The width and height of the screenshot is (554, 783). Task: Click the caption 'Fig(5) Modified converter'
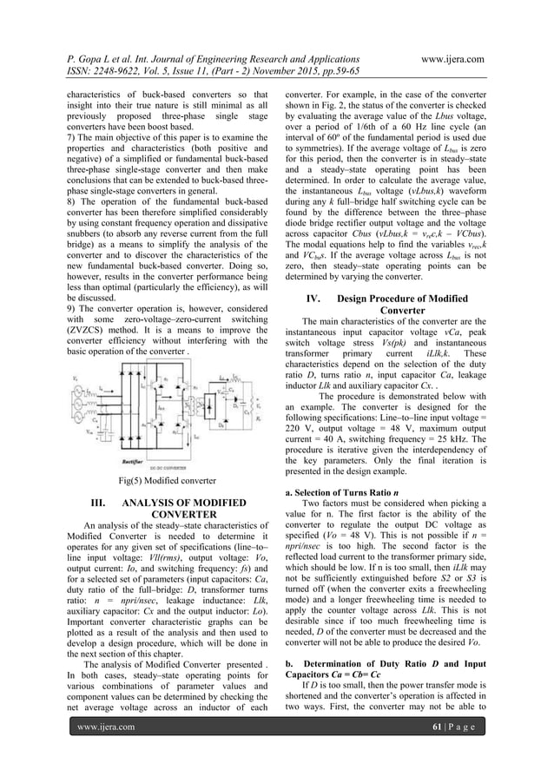coord(167,479)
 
